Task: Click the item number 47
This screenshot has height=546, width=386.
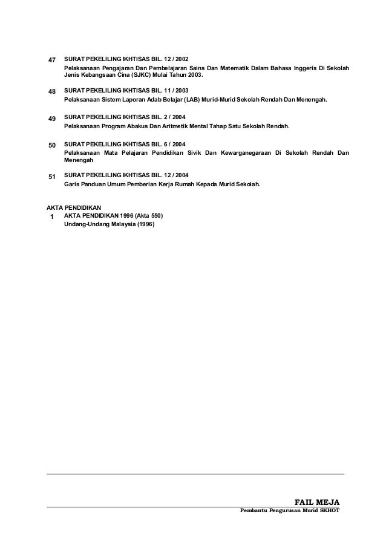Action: (x=51, y=60)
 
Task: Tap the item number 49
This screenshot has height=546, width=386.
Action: (x=51, y=119)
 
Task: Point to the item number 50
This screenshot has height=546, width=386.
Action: (x=51, y=146)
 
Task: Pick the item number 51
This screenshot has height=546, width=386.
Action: (x=51, y=177)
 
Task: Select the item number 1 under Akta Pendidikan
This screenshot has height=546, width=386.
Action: (x=52, y=216)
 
